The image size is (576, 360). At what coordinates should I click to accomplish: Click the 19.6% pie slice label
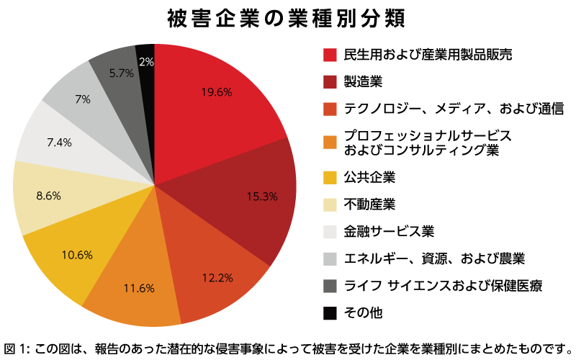(215, 91)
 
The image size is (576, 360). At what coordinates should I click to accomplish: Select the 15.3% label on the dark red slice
(261, 197)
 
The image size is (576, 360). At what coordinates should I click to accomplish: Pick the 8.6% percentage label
(48, 195)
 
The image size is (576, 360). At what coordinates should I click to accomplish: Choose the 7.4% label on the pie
(59, 143)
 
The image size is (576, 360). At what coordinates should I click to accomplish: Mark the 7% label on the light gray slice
(83, 99)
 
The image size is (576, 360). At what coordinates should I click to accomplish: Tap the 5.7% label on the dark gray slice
(122, 72)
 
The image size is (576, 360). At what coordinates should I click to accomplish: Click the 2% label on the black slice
(146, 63)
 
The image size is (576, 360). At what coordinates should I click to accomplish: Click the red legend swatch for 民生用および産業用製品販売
(330, 55)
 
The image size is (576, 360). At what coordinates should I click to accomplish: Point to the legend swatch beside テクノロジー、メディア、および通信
(330, 109)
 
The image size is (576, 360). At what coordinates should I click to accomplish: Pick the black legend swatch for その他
(330, 312)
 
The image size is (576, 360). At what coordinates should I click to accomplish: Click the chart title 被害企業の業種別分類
(286, 18)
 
